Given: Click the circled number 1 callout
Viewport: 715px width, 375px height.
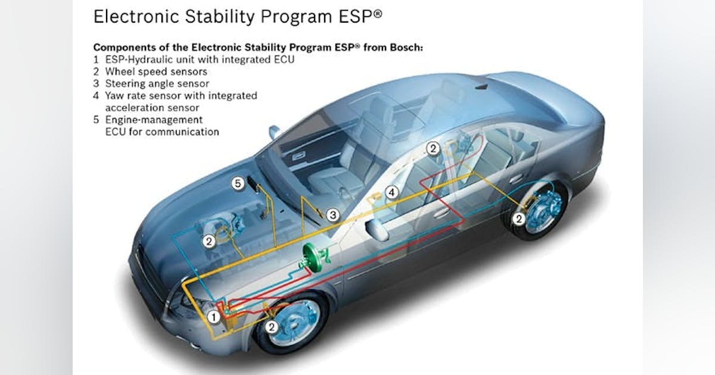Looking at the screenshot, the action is (x=213, y=317).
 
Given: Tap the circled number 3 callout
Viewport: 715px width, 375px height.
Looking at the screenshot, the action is (x=332, y=215).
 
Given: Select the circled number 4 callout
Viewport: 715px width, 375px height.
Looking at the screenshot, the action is (x=391, y=192).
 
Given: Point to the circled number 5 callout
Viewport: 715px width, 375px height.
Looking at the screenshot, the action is (x=238, y=183).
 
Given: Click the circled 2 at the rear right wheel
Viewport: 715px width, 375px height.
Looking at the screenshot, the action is (x=519, y=219).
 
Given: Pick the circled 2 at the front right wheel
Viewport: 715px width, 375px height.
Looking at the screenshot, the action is (x=271, y=327).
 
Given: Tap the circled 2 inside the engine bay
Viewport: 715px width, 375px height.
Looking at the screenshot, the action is (x=209, y=242).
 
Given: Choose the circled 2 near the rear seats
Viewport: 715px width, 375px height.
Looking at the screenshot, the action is (x=433, y=149).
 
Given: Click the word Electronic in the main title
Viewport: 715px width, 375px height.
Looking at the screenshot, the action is (x=136, y=17).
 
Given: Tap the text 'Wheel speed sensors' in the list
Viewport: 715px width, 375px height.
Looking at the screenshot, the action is (x=156, y=71).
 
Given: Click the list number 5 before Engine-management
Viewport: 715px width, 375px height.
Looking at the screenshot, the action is (x=96, y=120).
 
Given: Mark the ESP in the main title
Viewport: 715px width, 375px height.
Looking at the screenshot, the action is (x=360, y=17).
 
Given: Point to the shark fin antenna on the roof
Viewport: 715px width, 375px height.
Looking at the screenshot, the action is (x=482, y=86).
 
